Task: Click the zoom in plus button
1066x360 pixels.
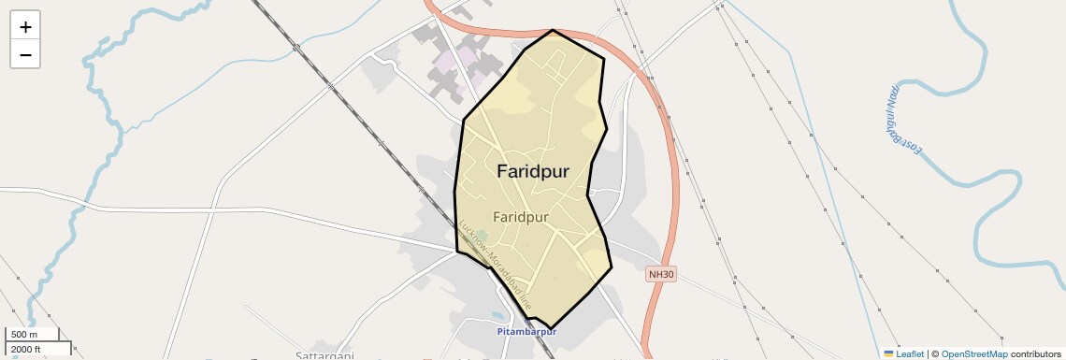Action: click(x=25, y=27)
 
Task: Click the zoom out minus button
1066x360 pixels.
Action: click(x=25, y=55)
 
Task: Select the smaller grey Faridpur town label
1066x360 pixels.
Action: click(x=520, y=217)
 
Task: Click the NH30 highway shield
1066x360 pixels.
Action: click(x=661, y=274)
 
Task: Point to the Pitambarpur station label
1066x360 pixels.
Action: click(x=526, y=332)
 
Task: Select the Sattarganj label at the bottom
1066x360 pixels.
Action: click(x=324, y=355)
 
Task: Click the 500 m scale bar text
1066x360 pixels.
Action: click(x=25, y=335)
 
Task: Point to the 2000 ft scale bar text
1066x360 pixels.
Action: click(x=25, y=349)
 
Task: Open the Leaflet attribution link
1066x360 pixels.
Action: click(x=909, y=353)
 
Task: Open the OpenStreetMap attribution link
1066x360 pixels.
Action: click(x=973, y=353)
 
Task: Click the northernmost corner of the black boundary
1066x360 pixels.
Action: click(x=554, y=29)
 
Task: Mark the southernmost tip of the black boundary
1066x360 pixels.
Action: click(x=550, y=328)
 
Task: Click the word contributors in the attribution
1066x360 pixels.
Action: click(x=1035, y=353)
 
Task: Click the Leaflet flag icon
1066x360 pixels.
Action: click(x=888, y=353)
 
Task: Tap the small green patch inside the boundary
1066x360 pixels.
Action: click(x=483, y=236)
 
